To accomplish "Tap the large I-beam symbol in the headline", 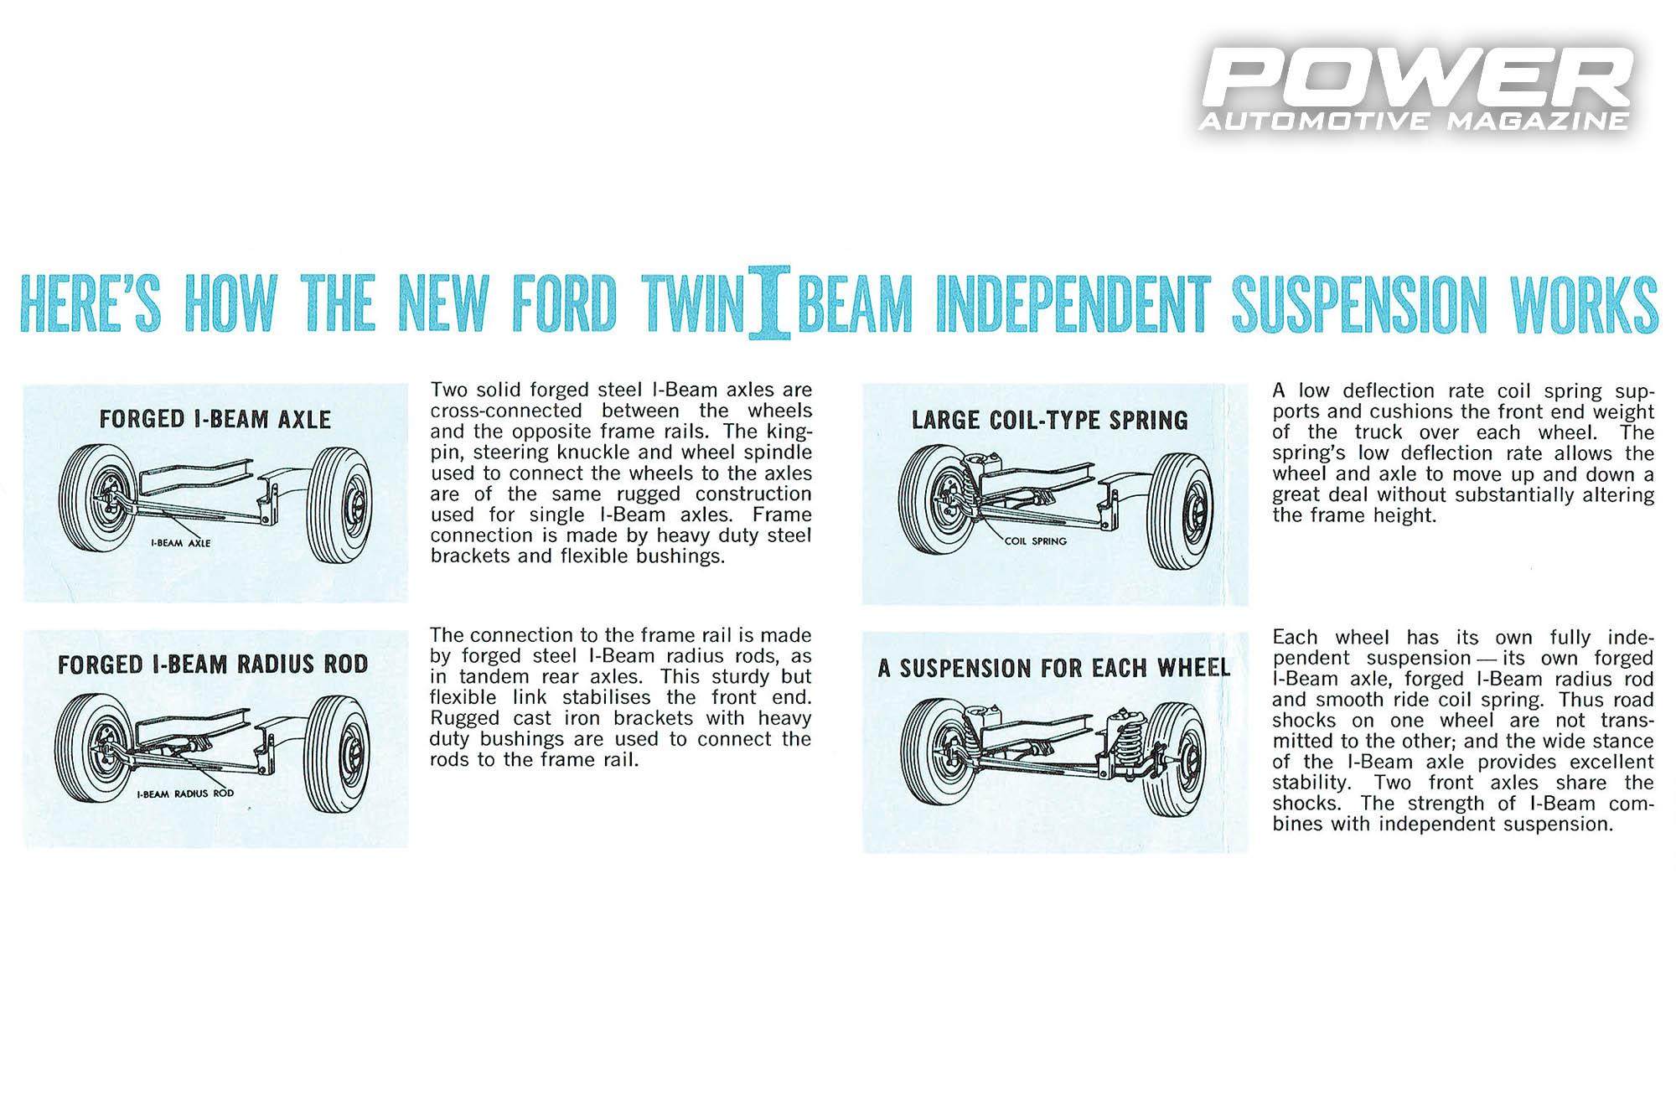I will click(769, 303).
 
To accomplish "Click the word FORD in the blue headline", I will click(563, 303).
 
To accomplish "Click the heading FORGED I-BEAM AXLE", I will click(215, 419).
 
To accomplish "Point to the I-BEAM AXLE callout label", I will click(180, 543).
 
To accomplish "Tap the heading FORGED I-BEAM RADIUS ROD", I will click(213, 665).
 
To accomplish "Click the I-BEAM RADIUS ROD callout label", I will click(185, 793).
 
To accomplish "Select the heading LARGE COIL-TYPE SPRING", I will click(1049, 420).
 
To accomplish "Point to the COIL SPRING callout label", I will click(1036, 541).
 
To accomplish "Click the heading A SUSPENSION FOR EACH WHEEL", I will click(1053, 668).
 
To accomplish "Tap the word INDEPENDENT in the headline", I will click(1073, 303).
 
